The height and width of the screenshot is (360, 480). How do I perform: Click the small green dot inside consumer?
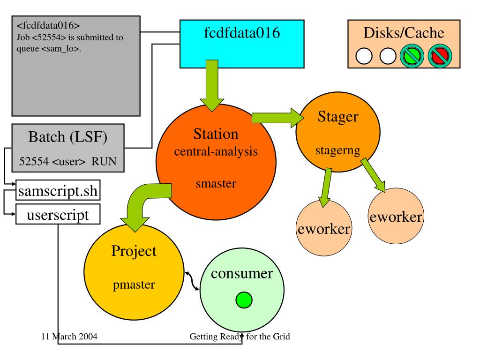tap(244, 300)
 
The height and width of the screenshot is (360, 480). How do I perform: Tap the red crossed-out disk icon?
tap(440, 56)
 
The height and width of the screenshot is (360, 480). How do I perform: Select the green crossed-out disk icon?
tap(412, 56)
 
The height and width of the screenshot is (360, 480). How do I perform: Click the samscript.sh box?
tap(58, 190)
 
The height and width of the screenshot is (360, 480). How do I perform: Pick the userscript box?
tap(58, 214)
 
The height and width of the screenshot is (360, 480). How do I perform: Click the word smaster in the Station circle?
tap(216, 183)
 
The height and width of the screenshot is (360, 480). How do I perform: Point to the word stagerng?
tap(337, 150)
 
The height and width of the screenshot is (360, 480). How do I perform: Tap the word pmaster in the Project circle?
tap(134, 285)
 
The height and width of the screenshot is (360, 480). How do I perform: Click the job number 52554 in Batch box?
tap(34, 161)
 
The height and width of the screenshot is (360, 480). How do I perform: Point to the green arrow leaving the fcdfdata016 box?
tap(212, 86)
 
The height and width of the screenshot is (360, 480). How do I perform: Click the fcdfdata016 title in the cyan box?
tap(242, 33)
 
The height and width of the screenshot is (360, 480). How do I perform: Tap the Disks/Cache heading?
tap(404, 33)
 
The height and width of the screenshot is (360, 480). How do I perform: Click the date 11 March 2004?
tap(69, 337)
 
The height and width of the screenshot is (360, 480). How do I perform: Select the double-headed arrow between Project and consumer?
tap(192, 280)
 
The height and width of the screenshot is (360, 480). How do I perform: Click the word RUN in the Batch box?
tap(104, 161)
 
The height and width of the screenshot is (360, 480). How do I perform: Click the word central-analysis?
tap(216, 151)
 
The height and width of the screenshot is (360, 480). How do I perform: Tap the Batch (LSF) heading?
tap(67, 137)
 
